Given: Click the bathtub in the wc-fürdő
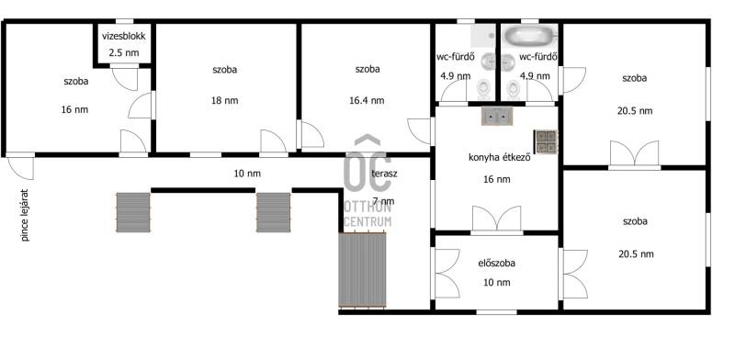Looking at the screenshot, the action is coord(530,35).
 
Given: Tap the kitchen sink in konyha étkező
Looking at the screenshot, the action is coord(497,116).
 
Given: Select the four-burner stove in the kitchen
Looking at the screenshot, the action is coord(546,141).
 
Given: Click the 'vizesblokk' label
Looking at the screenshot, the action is coord(124,36).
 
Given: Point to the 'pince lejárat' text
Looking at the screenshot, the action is coord(25,215).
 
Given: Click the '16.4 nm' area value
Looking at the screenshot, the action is coord(367,100).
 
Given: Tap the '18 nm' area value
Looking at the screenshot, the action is coord(225,100).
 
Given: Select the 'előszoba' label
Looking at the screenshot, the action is coord(496,263).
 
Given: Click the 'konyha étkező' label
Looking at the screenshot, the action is coord(499,158).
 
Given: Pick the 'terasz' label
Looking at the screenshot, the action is coord(384,174).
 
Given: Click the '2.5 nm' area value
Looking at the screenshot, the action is coord(124,52).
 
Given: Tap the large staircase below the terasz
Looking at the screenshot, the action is coord(362,270).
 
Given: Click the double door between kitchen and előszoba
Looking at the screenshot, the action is coord(496,219).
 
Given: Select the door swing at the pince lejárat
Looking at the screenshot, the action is coord(21,168).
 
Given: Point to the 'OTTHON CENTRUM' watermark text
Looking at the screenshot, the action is coord(367,214).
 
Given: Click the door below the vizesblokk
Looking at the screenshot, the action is coord(125,79).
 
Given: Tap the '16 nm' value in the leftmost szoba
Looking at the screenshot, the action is coord(74,109).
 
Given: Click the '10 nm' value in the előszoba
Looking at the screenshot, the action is coord(496,282).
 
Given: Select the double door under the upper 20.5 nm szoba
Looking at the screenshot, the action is coord(635,153).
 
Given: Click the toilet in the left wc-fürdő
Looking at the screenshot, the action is coord(483,88).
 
